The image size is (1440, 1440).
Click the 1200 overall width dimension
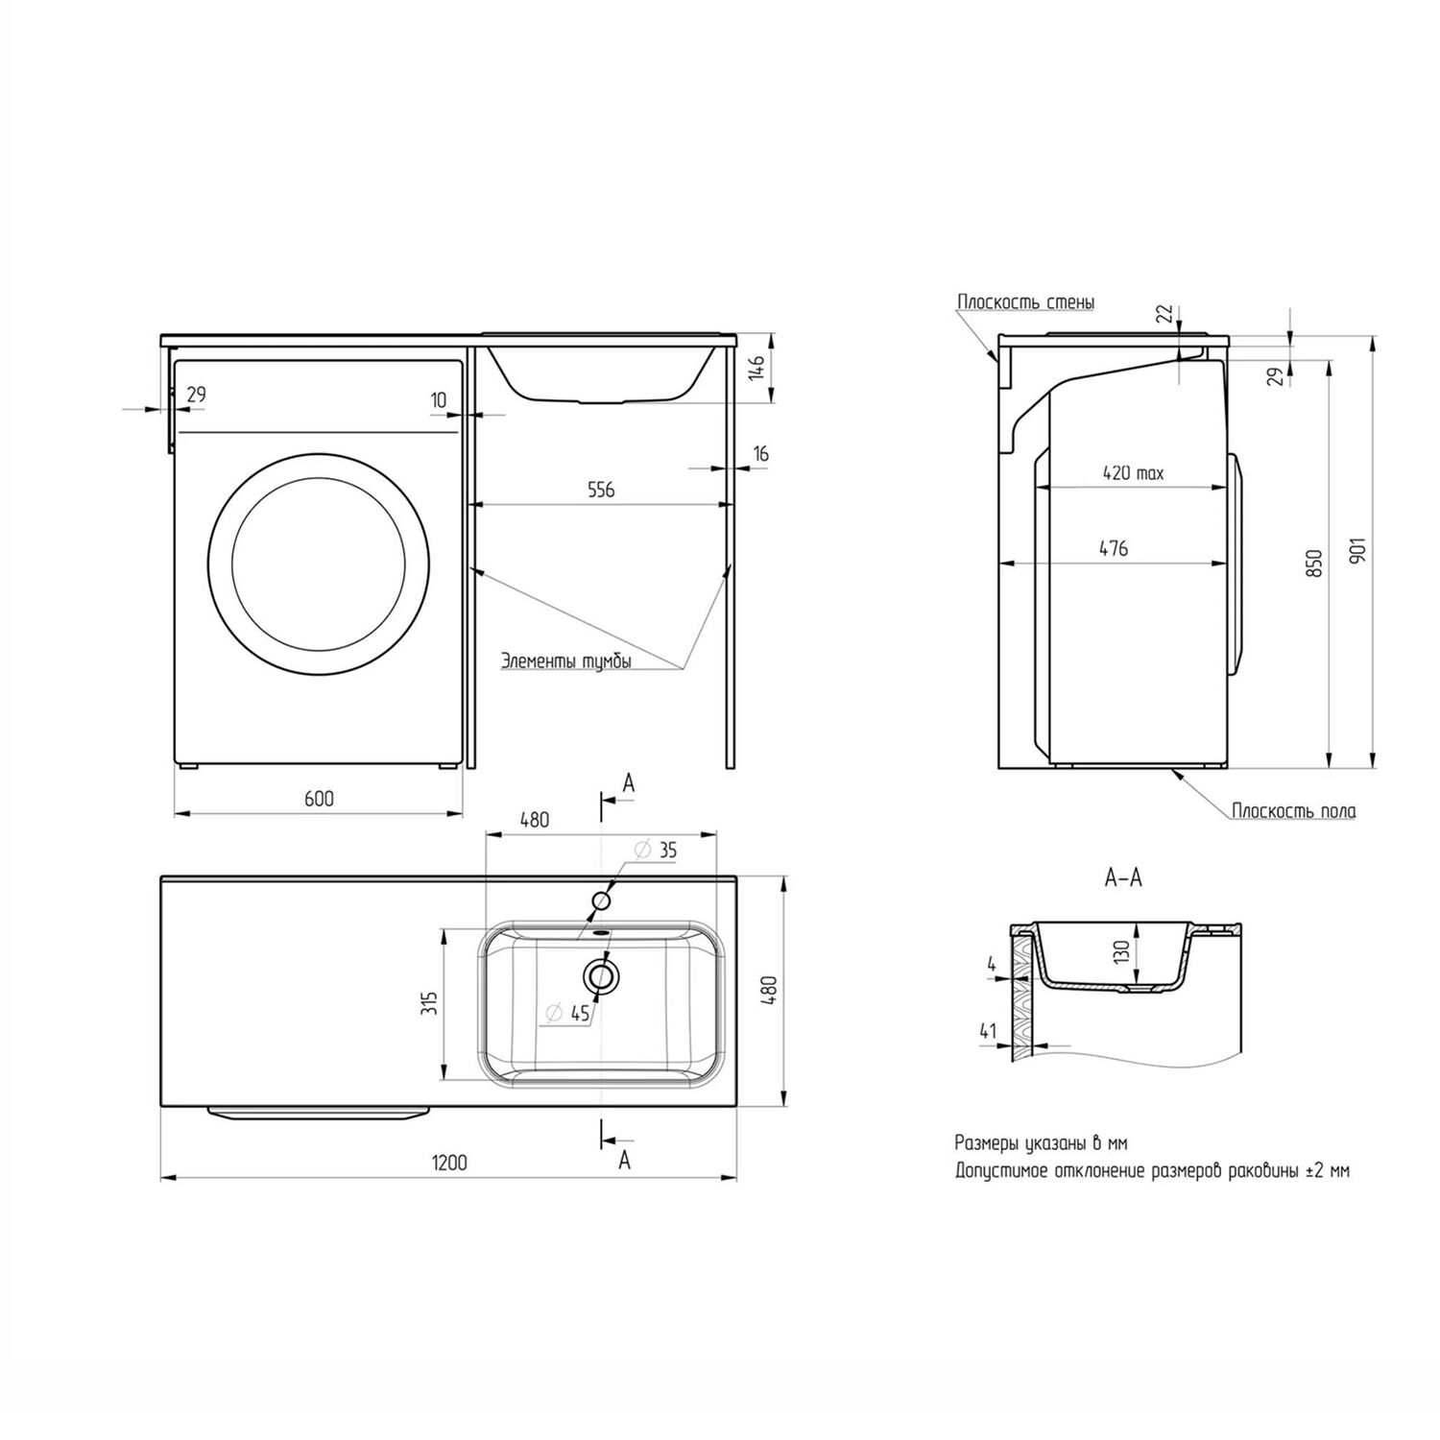coord(448,1163)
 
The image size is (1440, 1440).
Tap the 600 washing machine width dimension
coord(319,799)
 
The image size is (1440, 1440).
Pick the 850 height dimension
coord(1314,564)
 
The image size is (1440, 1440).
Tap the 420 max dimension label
coord(1133,473)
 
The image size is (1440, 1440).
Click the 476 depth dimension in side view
coord(1114,548)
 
